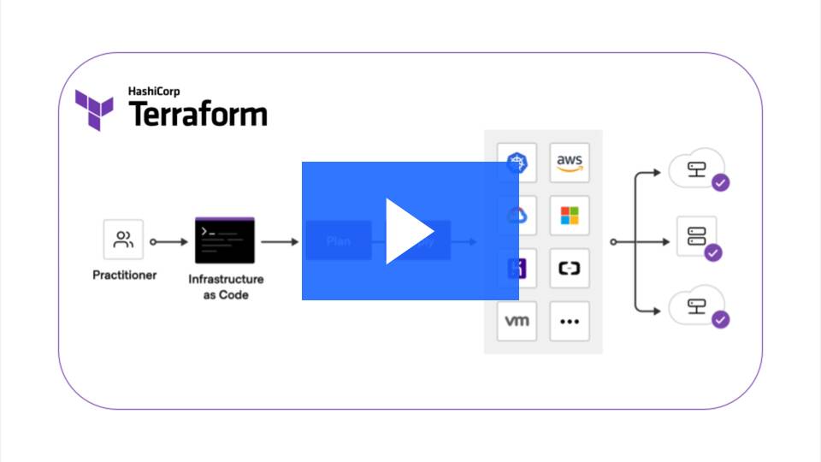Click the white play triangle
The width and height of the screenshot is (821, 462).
point(409,231)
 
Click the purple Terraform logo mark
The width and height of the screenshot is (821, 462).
point(93,110)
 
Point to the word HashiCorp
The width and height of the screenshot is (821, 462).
point(153,90)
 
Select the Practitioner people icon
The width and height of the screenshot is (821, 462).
point(124,240)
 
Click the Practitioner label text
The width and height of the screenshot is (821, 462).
point(124,275)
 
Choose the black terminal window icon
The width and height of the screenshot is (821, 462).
point(225,240)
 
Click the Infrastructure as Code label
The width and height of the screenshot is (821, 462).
point(226,287)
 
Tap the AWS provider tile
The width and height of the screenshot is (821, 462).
point(569,163)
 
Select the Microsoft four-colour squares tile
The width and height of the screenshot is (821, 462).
point(569,216)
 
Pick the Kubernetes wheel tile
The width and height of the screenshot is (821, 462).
point(517,163)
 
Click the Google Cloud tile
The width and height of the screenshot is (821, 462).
point(517,216)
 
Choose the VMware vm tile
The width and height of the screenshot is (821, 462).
point(517,321)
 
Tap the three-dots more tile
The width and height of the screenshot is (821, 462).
point(569,321)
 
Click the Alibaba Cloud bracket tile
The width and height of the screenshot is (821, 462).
point(569,269)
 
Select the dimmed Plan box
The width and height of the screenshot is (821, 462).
point(338,240)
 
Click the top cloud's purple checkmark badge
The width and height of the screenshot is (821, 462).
point(721,182)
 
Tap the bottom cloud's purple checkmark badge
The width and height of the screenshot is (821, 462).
point(721,319)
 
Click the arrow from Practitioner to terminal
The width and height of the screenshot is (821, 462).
point(169,242)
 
